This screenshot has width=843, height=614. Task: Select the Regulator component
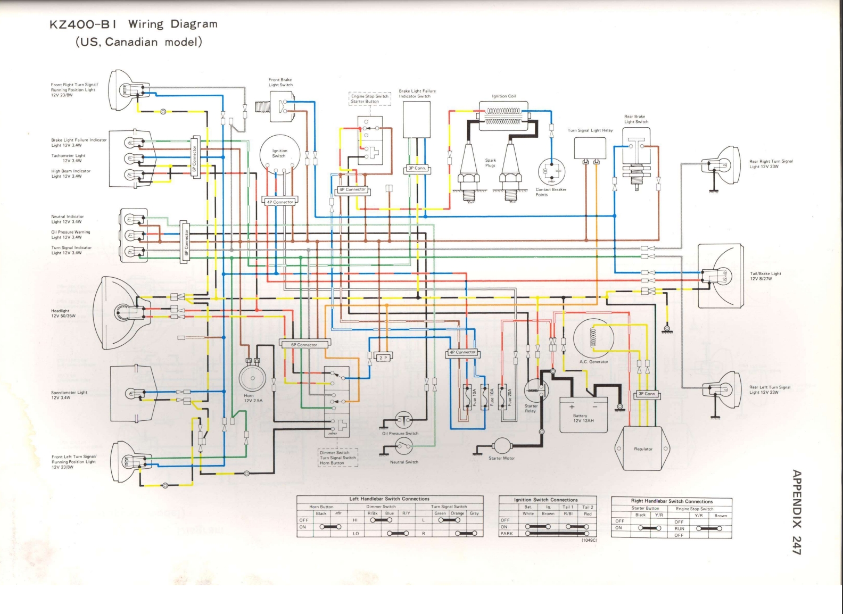point(642,449)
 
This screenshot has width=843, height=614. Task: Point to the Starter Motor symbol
point(501,446)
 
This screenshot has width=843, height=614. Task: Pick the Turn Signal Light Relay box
point(590,148)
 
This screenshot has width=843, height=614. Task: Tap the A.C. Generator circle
point(593,338)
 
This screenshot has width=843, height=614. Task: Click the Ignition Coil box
point(503,116)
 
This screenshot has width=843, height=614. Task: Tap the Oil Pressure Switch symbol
point(403,421)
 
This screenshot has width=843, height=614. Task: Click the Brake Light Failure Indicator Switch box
point(416,119)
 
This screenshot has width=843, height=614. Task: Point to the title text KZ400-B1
point(85,24)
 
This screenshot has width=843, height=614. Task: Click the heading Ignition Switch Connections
point(546,500)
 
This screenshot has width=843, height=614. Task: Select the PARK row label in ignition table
point(506,533)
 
